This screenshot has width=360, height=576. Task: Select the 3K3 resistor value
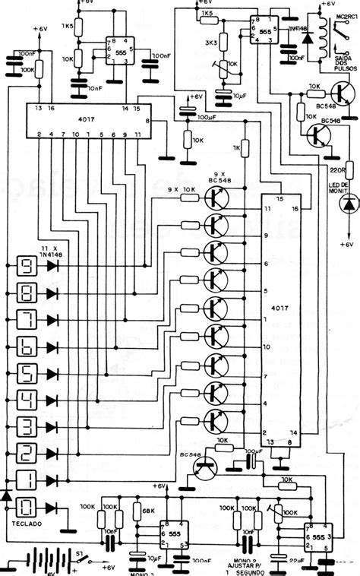(208, 45)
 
